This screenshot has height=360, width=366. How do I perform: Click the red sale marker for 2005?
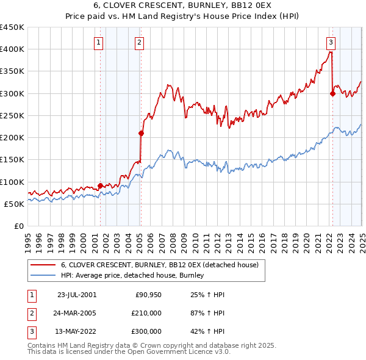click(x=141, y=133)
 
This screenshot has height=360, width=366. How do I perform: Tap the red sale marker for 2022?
click(x=332, y=93)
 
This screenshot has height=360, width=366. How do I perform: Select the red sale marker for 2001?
click(x=100, y=185)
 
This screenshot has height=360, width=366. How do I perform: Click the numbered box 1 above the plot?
click(x=99, y=42)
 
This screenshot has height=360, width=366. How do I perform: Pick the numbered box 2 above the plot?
click(x=140, y=42)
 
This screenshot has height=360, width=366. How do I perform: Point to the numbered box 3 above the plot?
click(x=331, y=42)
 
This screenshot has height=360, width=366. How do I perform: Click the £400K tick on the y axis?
click(x=13, y=49)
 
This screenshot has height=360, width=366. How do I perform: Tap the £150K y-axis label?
click(x=13, y=160)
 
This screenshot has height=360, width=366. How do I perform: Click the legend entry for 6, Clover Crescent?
click(x=160, y=265)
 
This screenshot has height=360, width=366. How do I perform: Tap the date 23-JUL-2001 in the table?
click(x=77, y=295)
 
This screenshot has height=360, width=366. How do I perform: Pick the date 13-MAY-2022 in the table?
click(x=77, y=331)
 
